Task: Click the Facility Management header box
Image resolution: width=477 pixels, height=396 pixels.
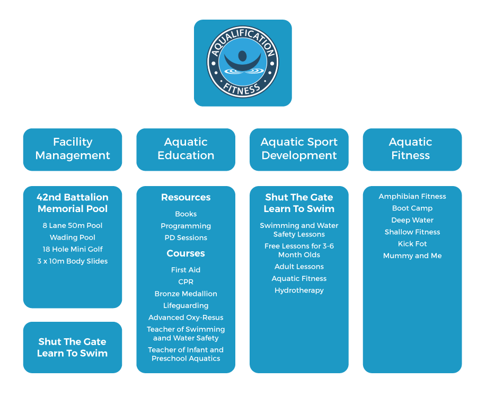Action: (73, 149)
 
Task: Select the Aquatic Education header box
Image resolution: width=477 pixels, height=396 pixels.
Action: (185, 149)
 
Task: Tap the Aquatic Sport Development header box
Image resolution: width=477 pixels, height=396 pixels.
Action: (299, 149)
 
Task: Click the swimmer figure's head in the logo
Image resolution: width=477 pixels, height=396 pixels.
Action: (242, 56)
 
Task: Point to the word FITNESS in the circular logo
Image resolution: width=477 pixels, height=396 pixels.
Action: (242, 89)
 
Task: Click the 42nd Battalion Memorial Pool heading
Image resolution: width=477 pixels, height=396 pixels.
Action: (73, 203)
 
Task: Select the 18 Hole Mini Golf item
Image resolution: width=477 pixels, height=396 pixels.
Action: (73, 249)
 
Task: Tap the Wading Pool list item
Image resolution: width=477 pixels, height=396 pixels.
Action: (73, 237)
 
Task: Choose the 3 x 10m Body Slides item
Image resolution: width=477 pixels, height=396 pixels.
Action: (73, 261)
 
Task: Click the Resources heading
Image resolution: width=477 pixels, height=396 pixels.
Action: (185, 197)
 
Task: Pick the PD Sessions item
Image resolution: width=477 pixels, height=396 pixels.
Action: (185, 237)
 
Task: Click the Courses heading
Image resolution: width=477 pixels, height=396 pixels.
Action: (185, 253)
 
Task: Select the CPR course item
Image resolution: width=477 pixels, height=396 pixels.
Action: (185, 281)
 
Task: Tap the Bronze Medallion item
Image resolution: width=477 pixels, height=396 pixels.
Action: (185, 294)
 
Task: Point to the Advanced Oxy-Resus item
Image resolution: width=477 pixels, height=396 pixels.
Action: (185, 317)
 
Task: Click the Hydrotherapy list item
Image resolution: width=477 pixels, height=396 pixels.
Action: (299, 291)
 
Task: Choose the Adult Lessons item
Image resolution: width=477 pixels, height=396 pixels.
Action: (299, 266)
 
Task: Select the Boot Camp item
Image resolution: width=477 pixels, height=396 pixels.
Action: (412, 208)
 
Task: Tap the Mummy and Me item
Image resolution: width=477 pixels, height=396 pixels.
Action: (412, 256)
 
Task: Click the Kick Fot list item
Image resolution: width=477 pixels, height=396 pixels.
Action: (412, 243)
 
